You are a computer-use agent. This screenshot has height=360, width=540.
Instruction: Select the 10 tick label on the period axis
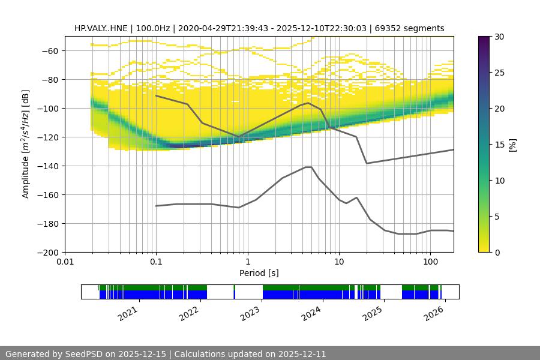point(339,262)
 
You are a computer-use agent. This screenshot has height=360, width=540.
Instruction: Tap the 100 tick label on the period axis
point(430,262)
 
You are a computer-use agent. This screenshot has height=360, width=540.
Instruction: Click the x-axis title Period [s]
point(259,273)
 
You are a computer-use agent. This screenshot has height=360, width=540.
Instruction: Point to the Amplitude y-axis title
point(25,144)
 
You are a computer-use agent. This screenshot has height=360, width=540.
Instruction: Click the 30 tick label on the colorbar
point(499,37)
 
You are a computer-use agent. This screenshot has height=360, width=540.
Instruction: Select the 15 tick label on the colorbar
point(499,145)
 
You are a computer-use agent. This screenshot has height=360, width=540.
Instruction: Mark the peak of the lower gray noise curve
point(308,167)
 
